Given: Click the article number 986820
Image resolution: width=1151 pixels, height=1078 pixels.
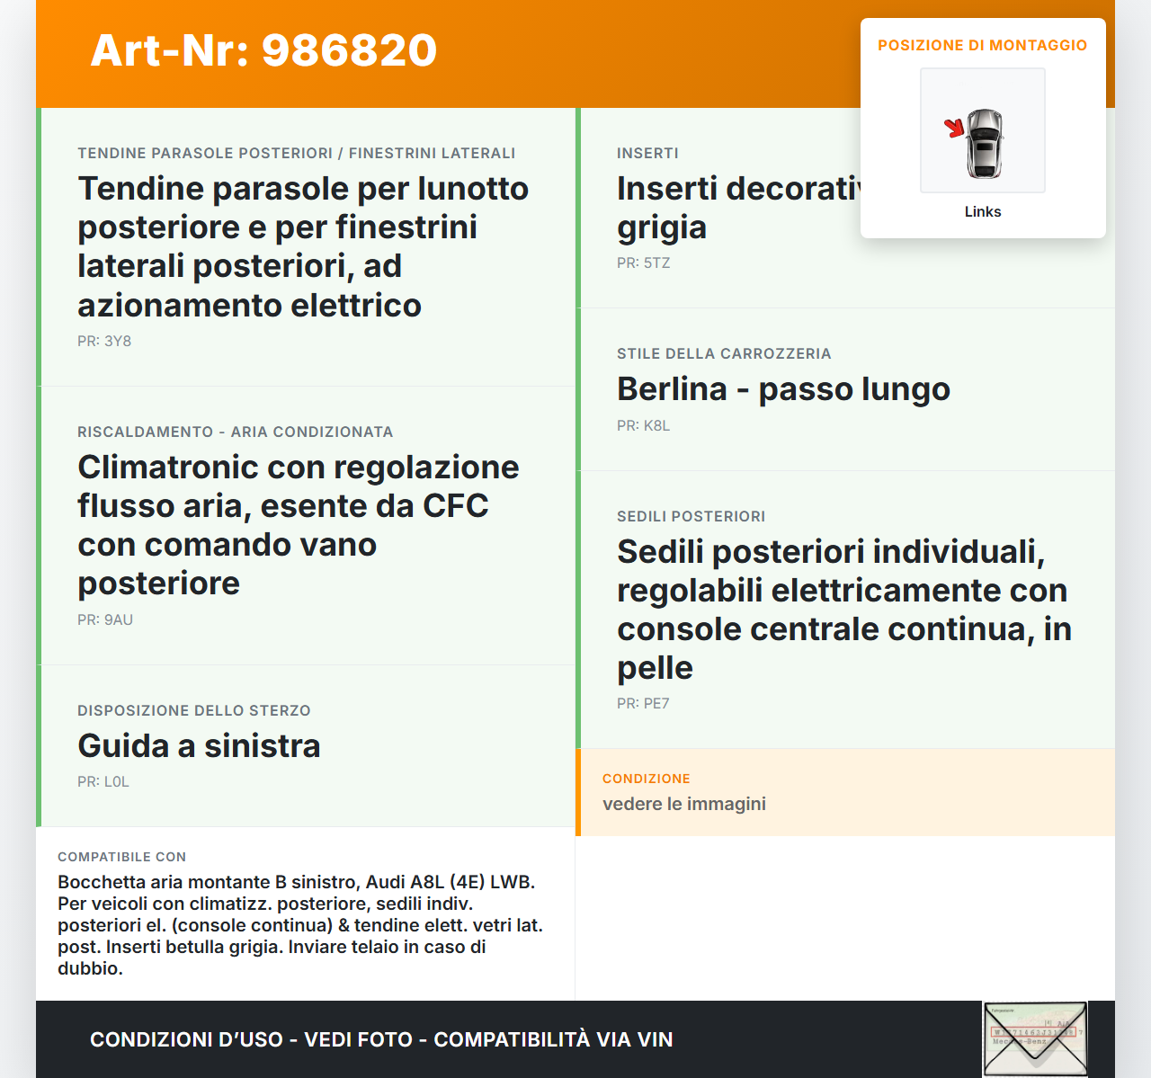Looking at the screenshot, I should coord(349,50).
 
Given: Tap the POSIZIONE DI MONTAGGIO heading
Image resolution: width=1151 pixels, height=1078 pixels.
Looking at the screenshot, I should coord(982,45).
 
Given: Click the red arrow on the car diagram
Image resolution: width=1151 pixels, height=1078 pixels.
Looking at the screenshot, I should coord(953,128).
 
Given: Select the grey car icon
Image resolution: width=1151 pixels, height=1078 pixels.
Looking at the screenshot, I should coord(985,143).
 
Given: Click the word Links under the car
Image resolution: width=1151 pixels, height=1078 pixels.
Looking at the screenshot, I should coord(982,212).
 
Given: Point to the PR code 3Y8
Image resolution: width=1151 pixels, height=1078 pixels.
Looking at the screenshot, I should coord(118,342).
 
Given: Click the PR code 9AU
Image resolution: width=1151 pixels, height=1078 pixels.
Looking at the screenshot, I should coord(119,620).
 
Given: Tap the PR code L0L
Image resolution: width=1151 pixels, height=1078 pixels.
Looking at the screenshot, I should coord(117,782).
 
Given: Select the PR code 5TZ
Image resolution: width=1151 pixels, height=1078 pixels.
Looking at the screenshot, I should coord(656,263).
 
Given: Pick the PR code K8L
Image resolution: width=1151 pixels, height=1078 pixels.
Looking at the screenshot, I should coord(656,426).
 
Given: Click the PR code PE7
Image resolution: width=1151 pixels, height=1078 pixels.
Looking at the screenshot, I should coord(656,704).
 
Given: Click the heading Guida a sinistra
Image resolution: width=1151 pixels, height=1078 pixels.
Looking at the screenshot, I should coord(199,746).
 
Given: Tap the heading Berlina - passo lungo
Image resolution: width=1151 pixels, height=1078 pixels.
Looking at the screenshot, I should coord(783,389).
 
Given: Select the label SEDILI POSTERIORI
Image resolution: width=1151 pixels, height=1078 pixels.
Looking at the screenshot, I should coord(691,517).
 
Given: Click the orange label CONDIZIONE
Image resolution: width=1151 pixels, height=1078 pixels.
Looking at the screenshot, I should coord(646,779).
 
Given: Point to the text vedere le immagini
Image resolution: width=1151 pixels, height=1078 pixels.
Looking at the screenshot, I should coord(683,804).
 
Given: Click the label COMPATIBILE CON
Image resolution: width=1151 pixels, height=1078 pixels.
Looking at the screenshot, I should coord(121,858).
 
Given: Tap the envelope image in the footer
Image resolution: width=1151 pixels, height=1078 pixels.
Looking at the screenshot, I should coord(1034,1038).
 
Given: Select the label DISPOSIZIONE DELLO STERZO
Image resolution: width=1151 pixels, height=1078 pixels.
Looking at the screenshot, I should coord(193,711).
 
